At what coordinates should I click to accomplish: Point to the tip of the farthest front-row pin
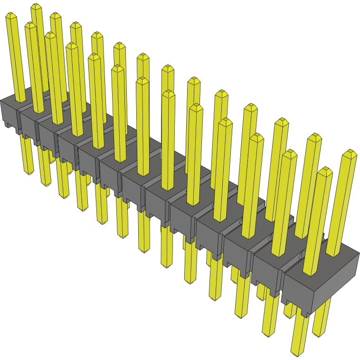12,17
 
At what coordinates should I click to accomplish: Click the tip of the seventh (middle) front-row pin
142,81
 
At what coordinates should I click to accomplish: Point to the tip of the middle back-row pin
167,69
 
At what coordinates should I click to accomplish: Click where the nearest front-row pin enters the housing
309,273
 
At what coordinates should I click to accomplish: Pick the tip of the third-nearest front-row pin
256,138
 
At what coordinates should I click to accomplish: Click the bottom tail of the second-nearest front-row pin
269,332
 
